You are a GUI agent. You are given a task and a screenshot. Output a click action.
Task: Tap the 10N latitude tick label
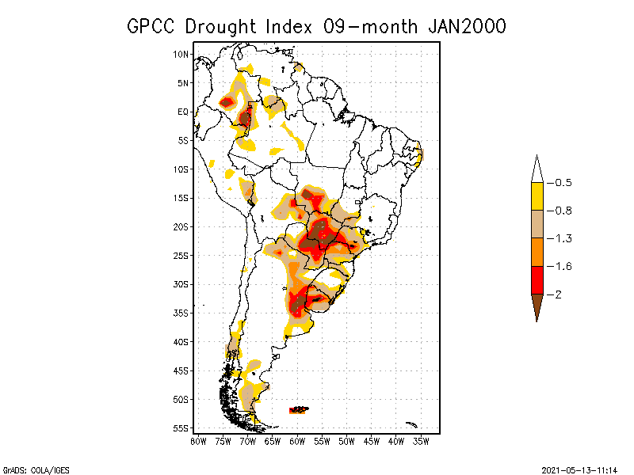(181, 54)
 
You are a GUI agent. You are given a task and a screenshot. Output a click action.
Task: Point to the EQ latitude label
(182, 112)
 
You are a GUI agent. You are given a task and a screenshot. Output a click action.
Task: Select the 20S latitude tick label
(181, 226)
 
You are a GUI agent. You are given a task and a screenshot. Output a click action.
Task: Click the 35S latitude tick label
(181, 313)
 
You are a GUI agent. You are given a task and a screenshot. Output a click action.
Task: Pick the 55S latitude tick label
(181, 428)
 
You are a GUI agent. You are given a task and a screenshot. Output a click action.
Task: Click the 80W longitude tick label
(198, 441)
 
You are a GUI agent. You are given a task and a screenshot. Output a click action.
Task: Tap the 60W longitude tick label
(297, 441)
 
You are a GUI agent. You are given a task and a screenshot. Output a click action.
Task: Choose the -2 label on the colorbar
(559, 294)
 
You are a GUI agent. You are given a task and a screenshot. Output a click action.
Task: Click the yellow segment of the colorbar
(537, 196)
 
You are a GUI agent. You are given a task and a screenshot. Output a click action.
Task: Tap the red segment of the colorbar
(537, 280)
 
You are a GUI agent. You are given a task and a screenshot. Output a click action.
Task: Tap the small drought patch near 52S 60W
(300, 409)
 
